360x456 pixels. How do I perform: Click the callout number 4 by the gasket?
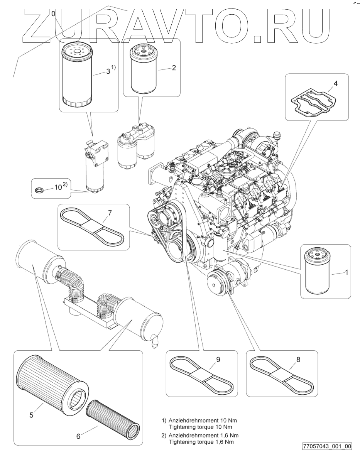[x=335, y=84]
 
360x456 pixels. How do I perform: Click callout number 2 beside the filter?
[x=174, y=68]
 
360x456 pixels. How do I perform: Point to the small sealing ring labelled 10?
[x=39, y=190]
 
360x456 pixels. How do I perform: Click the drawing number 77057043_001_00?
[x=327, y=446]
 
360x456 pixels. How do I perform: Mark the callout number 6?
[x=78, y=436]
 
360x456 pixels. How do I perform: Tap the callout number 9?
[x=218, y=360]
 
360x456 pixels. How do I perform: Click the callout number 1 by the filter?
[x=346, y=272]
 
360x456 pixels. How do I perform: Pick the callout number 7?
[x=110, y=212]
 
